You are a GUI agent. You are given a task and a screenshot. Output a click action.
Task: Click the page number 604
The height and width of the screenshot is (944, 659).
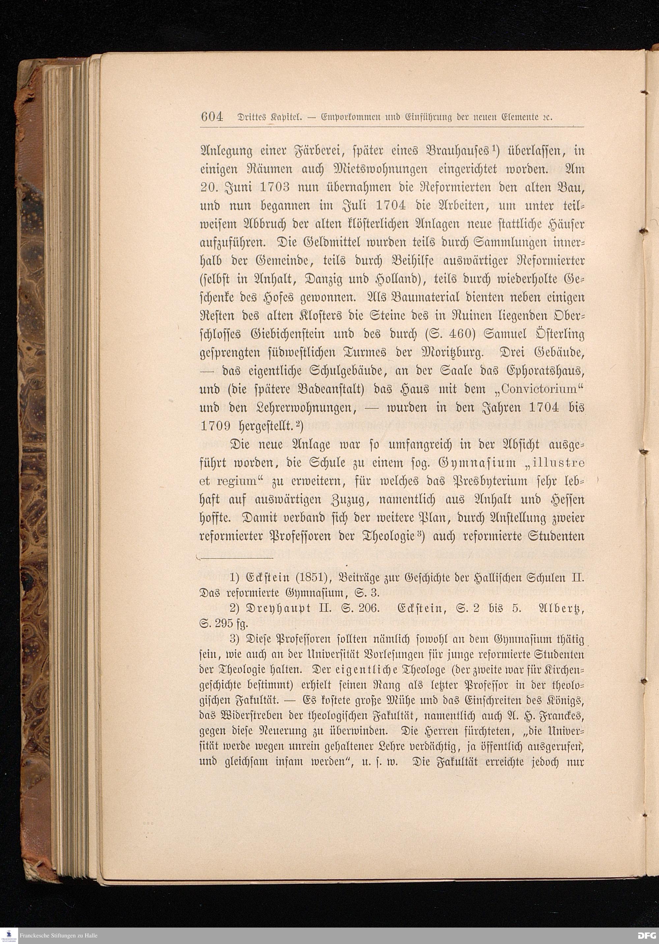[x=212, y=117]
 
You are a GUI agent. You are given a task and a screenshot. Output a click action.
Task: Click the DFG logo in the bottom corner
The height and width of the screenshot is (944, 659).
[x=646, y=936]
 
